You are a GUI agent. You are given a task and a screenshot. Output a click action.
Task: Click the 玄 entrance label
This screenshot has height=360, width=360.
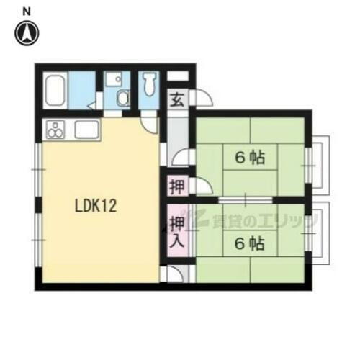coord(176,99)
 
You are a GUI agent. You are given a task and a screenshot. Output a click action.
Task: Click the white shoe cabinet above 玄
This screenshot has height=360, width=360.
coord(178,76)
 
